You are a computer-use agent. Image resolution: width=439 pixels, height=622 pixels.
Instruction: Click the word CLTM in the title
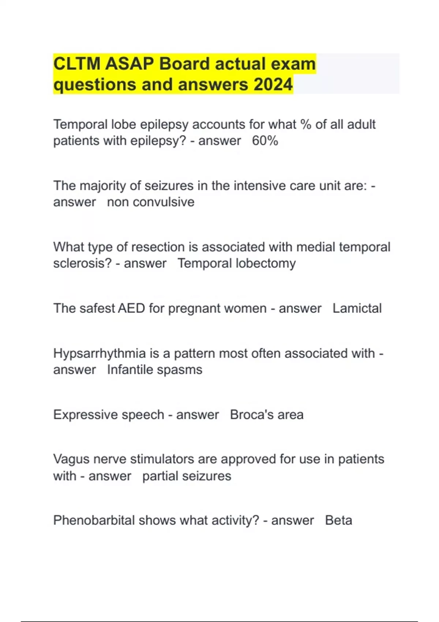tap(77, 64)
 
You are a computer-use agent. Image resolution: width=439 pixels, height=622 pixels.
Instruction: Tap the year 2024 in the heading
tap(273, 85)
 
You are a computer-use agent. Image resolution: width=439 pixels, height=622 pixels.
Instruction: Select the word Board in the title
tap(184, 64)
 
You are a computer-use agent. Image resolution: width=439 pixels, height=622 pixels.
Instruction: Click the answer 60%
tap(265, 141)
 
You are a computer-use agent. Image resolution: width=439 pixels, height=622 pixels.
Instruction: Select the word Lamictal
tap(357, 308)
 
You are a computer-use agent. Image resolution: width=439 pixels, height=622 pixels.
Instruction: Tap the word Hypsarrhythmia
tap(100, 354)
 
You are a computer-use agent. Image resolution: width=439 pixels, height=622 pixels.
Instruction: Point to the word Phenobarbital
tap(94, 521)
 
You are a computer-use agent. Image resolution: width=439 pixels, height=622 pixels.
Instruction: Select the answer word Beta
tap(338, 521)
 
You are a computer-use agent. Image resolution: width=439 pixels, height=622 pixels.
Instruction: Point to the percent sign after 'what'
tap(305, 124)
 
